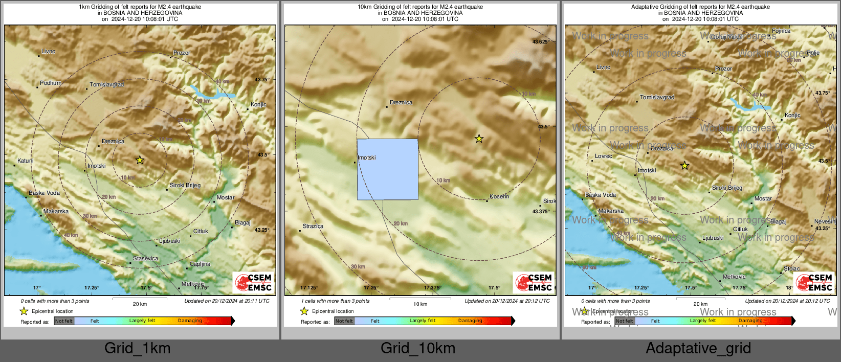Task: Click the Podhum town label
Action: pos(51,83)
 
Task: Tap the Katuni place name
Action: pos(26,161)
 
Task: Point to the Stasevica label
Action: pos(145,258)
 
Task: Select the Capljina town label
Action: pos(200,264)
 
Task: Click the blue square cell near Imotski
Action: pos(387,169)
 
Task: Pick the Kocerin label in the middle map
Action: pos(499,196)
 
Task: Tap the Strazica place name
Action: pos(313,226)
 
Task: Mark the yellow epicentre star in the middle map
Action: pos(479,139)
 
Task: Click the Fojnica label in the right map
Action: pos(781,31)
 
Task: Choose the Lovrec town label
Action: pos(603,156)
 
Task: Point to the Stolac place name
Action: pos(791,268)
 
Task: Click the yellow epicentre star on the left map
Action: pos(140,160)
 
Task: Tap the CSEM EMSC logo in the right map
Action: pos(815,282)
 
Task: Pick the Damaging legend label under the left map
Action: pos(190,321)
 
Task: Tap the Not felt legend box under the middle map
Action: pos(344,321)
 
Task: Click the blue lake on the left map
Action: pos(212,93)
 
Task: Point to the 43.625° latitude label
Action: pos(541,42)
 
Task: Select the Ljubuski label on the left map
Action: pos(169,241)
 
